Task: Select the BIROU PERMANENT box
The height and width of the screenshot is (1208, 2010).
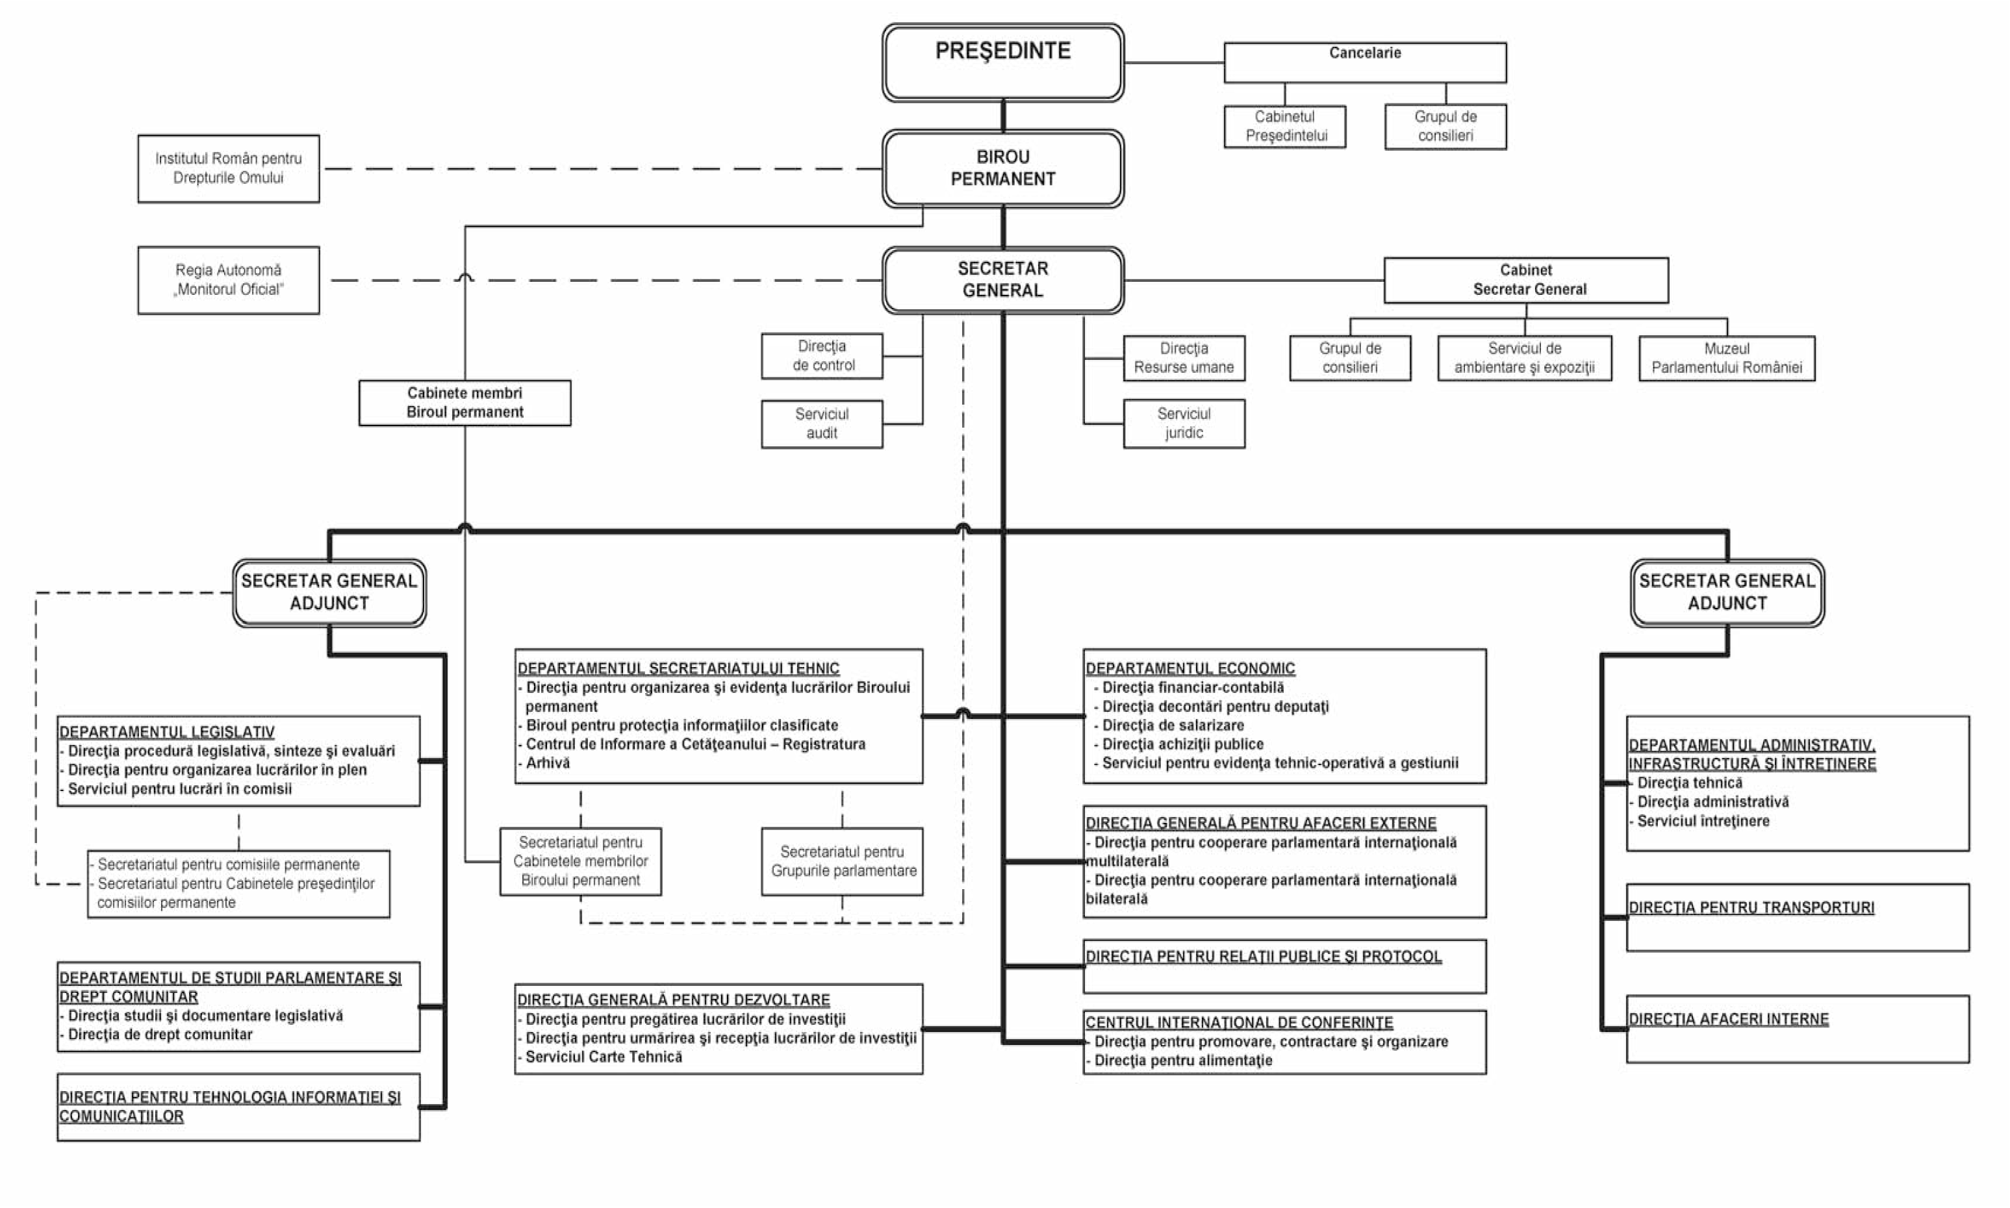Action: [1002, 168]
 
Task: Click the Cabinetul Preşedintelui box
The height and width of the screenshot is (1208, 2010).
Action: [1284, 126]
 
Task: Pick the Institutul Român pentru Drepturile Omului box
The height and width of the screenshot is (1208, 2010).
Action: [228, 168]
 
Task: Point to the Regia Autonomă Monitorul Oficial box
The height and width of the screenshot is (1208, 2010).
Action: [228, 280]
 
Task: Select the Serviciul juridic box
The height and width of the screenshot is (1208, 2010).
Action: [1184, 423]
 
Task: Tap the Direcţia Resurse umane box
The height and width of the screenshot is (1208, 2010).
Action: [1184, 357]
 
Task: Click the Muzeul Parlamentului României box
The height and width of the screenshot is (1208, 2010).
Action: [1726, 358]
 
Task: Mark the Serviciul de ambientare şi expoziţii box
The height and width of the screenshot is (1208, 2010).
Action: [1524, 358]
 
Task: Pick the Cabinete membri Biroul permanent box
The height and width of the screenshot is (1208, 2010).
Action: [465, 402]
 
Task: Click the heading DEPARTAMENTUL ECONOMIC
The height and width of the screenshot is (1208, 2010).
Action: [1189, 668]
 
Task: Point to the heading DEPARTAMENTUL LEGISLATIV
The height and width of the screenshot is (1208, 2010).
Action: [167, 732]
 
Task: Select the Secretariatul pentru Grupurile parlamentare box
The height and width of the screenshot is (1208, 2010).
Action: [842, 861]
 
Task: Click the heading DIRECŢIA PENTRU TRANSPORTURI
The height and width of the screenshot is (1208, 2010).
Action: [1751, 908]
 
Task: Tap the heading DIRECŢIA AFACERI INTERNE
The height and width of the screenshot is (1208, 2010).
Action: [1728, 1019]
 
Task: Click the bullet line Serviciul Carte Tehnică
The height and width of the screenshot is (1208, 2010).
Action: [600, 1057]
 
